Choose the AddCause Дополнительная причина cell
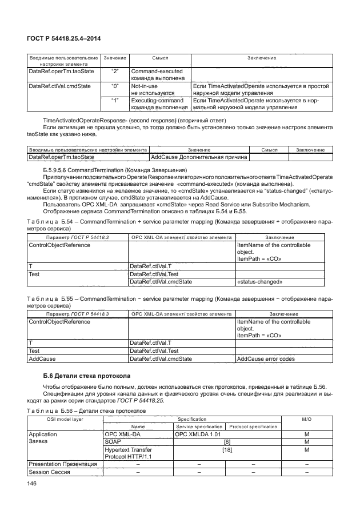198,157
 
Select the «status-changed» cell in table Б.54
255,281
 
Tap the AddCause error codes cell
266,358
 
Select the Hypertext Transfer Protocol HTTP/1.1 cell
131,452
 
